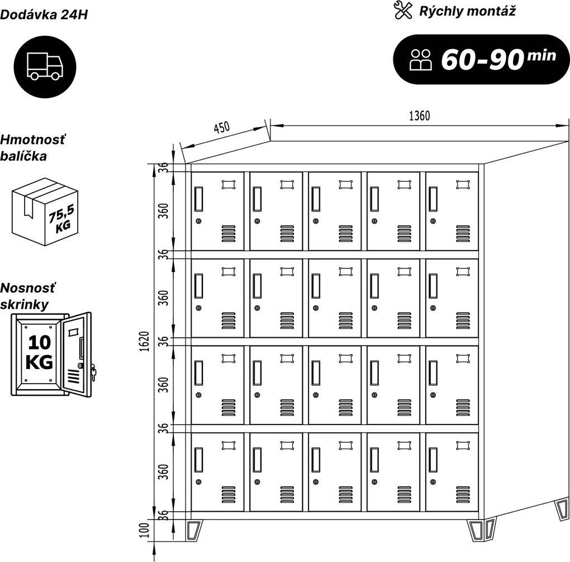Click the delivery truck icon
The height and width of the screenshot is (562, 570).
(x=45, y=66)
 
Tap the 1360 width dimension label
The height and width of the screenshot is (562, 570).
(x=419, y=116)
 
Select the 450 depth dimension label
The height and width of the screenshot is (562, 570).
(x=221, y=127)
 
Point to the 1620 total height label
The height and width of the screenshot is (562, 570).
(x=145, y=341)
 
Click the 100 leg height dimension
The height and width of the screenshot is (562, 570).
(x=145, y=530)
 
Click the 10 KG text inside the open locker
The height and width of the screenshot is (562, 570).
(x=39, y=352)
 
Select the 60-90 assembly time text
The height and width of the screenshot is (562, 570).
(x=482, y=59)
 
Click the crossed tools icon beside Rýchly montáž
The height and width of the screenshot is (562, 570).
(x=403, y=10)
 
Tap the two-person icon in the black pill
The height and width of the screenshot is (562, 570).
(x=421, y=60)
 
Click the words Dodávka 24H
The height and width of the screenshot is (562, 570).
(x=44, y=15)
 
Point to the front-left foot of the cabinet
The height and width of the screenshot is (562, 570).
(x=194, y=531)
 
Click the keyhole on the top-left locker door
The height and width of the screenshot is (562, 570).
(x=198, y=221)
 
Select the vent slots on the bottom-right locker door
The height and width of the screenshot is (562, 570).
(x=463, y=495)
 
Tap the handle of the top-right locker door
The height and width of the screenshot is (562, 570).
(x=433, y=199)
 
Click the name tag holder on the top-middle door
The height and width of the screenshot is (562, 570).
(x=345, y=185)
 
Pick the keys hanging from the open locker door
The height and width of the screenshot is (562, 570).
(x=93, y=372)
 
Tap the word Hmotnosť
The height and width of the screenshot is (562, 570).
(x=33, y=140)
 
